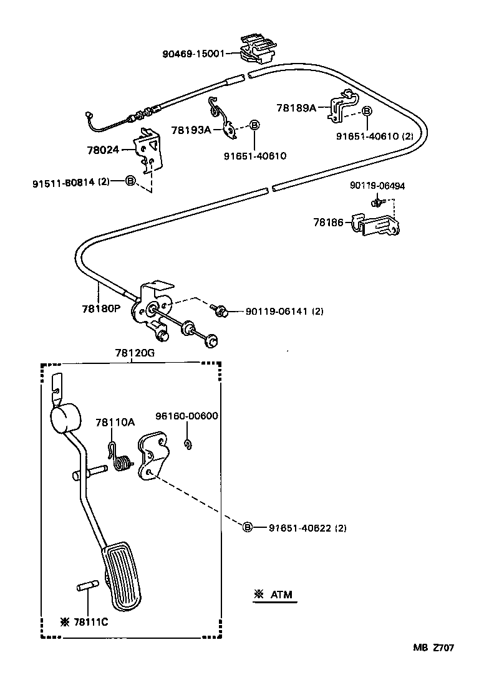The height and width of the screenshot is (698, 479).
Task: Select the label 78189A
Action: pyautogui.click(x=296, y=107)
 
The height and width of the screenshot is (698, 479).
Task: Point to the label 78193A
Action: pyautogui.click(x=191, y=130)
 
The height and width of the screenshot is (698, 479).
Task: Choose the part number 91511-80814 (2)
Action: pyautogui.click(x=71, y=181)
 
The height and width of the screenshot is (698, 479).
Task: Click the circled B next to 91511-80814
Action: pyautogui.click(x=130, y=181)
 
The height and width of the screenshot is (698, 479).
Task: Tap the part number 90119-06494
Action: pyautogui.click(x=377, y=186)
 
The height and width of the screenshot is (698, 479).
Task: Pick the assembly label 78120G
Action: pyautogui.click(x=134, y=353)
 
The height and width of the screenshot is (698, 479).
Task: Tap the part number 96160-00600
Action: pyautogui.click(x=186, y=416)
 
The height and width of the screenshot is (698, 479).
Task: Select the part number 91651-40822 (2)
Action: pyautogui.click(x=307, y=528)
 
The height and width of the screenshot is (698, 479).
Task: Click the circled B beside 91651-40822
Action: pyautogui.click(x=247, y=528)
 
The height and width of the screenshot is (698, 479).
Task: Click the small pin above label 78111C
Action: pyautogui.click(x=87, y=586)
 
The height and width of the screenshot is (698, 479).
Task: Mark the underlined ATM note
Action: pyautogui.click(x=275, y=595)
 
